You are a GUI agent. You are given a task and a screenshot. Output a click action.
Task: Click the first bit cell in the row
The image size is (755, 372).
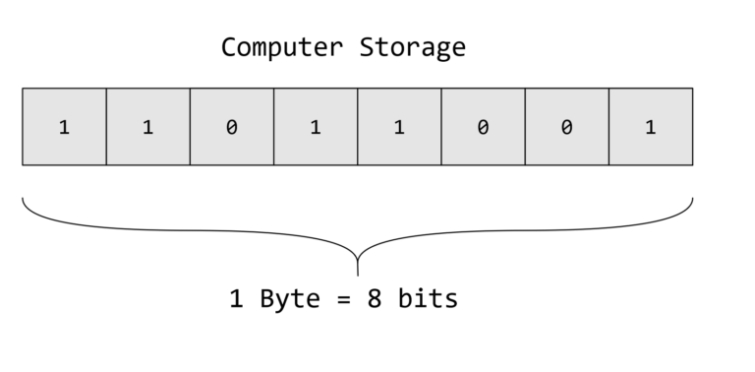[x=64, y=127]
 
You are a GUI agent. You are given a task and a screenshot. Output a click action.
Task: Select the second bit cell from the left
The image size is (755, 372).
[x=147, y=127]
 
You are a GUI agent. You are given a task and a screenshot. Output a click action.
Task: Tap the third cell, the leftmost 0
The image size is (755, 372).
[x=231, y=127]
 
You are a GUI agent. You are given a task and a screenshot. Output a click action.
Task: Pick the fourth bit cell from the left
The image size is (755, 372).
[x=316, y=127]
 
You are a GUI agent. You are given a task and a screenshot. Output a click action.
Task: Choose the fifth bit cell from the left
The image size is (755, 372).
[x=399, y=127]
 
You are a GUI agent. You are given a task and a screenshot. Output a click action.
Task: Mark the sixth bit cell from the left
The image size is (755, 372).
[x=483, y=127]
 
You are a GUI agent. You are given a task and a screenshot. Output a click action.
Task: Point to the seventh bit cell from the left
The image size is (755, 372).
[x=566, y=127]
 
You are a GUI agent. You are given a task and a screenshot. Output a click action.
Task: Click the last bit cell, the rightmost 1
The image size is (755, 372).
[x=651, y=127]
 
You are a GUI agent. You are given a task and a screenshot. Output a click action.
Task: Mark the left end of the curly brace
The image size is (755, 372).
[x=24, y=201]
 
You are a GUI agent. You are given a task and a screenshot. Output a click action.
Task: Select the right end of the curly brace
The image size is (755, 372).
[x=692, y=201]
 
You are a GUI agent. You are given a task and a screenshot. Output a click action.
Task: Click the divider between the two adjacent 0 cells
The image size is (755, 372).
[x=525, y=127]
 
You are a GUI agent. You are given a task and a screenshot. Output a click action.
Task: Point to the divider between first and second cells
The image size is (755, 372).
[x=106, y=127]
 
